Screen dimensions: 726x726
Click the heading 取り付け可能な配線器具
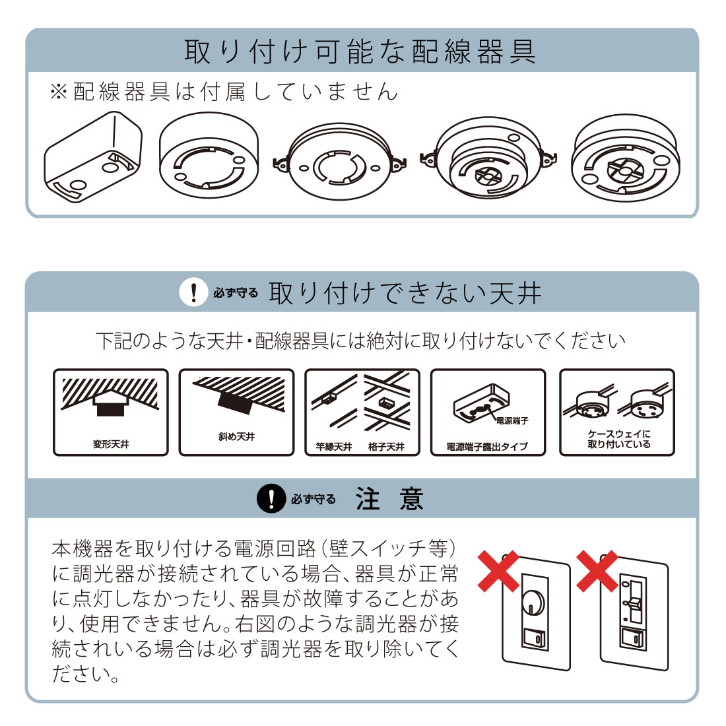(x=360, y=51)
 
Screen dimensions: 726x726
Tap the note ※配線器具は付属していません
(x=224, y=92)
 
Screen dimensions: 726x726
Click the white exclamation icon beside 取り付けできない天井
(x=193, y=292)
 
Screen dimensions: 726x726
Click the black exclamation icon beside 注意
(x=271, y=498)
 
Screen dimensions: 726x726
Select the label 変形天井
(x=111, y=444)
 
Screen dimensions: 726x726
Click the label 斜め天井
(x=236, y=436)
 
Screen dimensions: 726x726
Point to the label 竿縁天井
(x=334, y=447)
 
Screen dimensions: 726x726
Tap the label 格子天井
(x=387, y=447)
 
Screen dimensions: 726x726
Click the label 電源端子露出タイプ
(x=487, y=447)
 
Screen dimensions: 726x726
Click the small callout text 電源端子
(x=512, y=420)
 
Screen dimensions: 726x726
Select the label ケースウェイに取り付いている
(x=618, y=439)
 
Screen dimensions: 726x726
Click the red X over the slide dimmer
(x=597, y=570)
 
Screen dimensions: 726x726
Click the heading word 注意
(x=389, y=498)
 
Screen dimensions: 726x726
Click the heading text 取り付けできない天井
(x=405, y=292)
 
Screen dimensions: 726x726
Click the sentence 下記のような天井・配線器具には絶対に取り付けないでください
(x=361, y=341)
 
